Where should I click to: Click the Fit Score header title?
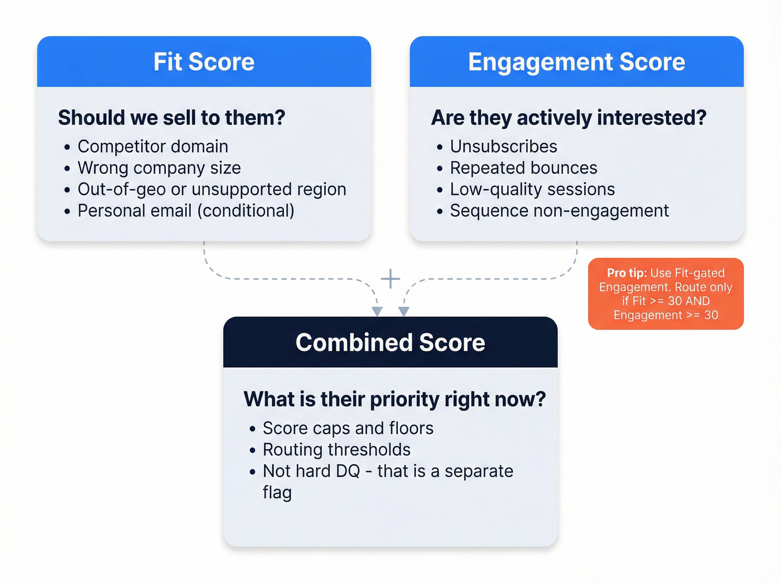[x=204, y=62]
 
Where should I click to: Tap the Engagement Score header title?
[x=576, y=62]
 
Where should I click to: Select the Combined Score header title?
[x=390, y=343]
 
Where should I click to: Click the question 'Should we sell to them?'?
[x=171, y=118]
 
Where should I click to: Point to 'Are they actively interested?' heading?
[x=568, y=118]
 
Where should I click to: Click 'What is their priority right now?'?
[x=394, y=399]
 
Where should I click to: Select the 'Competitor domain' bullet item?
[x=152, y=146]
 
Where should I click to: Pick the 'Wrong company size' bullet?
[x=159, y=168]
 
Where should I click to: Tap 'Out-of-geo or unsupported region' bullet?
[x=211, y=189]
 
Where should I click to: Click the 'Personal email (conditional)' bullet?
[x=186, y=211]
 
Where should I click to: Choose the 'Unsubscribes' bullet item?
[x=503, y=146]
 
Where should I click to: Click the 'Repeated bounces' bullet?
[x=523, y=168]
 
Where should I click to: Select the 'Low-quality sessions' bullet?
[x=532, y=189]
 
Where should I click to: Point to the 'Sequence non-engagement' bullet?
[x=559, y=211]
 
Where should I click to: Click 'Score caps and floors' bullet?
[x=348, y=428]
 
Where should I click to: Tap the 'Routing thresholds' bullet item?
[x=336, y=450]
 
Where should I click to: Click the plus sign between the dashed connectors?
[x=390, y=278]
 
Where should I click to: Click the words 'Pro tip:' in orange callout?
[x=626, y=273]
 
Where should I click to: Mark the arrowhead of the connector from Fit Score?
[x=377, y=311]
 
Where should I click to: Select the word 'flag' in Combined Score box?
[x=277, y=493]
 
